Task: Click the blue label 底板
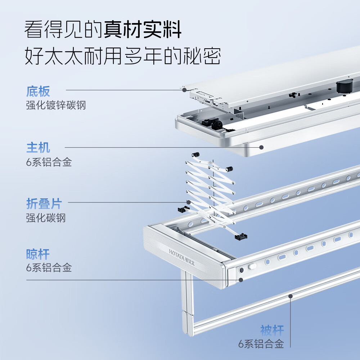pos(38,91)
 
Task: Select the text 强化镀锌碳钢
pos(56,105)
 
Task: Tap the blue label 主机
pos(38,148)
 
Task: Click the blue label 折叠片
pos(44,204)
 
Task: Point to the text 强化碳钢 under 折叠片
pos(46,218)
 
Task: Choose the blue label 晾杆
pos(38,254)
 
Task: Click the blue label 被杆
pos(272,330)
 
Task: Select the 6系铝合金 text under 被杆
pos(261,344)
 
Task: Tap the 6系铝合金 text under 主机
pos(49,162)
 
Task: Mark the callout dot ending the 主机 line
pos(261,147)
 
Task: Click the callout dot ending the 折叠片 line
pos(188,202)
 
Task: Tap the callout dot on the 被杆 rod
pos(290,296)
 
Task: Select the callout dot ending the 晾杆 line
pos(241,280)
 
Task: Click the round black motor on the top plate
pos(343,86)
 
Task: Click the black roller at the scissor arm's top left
pos(195,155)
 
